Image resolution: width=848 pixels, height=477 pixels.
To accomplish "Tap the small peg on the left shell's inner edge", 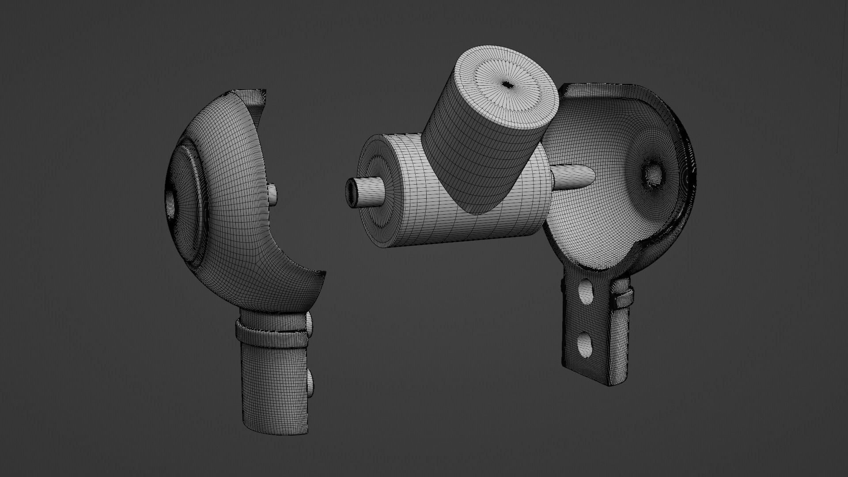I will coord(273,195).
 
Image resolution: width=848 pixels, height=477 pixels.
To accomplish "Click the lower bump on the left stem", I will coord(310,382).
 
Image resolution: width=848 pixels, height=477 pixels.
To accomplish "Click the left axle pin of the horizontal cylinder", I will coord(363,193).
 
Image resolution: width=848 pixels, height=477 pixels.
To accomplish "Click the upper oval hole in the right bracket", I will coord(585,291).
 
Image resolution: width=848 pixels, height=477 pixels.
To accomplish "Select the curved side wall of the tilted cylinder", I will coord(481,159).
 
